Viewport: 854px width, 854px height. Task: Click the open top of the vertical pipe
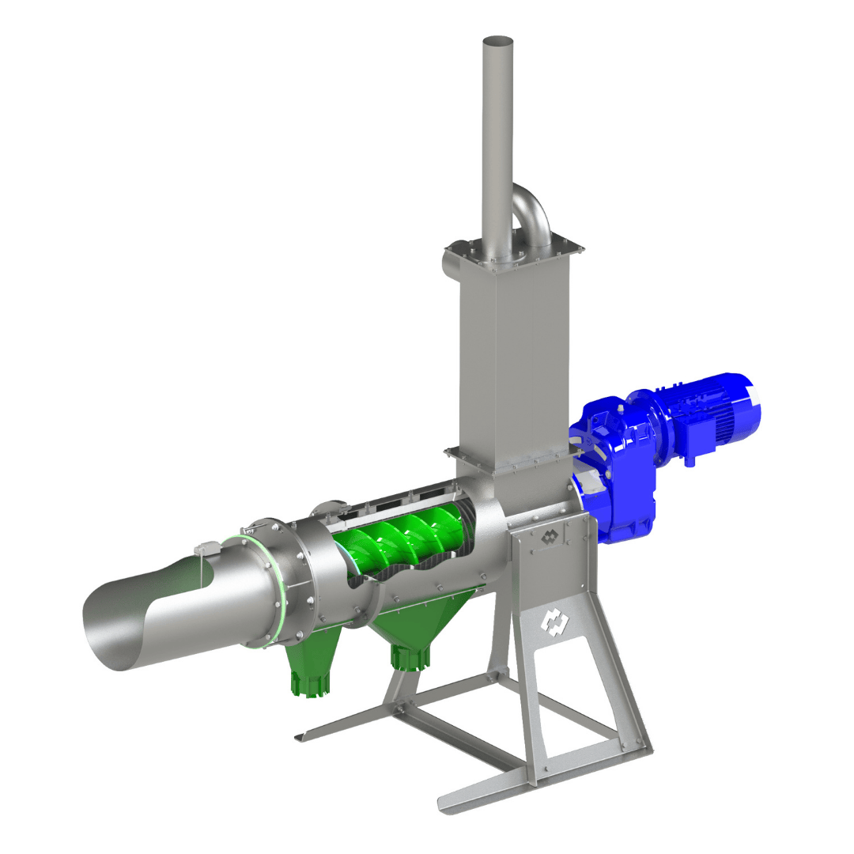(x=498, y=41)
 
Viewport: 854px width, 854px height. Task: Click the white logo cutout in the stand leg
(x=553, y=622)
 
